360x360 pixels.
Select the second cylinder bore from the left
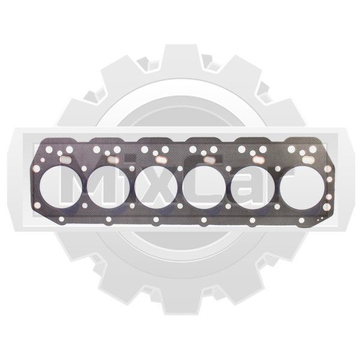click(x=109, y=187)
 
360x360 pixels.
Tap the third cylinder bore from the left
click(x=156, y=187)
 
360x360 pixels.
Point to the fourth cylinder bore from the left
click(x=204, y=187)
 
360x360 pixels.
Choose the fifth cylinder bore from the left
click(x=253, y=187)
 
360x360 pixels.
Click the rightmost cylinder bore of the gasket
click(x=302, y=187)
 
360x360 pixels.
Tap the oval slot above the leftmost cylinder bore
click(x=65, y=160)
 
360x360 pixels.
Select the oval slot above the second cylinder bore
click(x=113, y=160)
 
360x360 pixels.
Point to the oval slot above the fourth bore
click(x=209, y=160)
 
